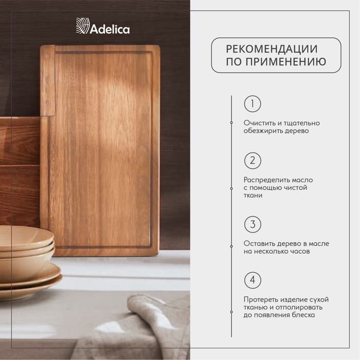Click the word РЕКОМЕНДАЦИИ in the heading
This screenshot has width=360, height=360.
(x=272, y=49)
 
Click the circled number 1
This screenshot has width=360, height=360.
(x=252, y=104)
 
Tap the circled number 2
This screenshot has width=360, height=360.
(x=252, y=160)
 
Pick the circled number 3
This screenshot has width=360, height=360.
(x=252, y=224)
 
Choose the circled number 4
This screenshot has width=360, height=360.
(x=252, y=280)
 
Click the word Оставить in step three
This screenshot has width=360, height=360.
(x=260, y=243)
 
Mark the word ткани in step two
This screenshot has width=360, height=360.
(x=253, y=195)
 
